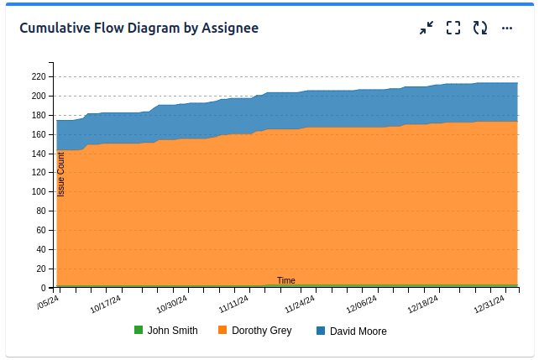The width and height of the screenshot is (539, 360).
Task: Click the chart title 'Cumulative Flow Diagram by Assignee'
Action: [139, 28]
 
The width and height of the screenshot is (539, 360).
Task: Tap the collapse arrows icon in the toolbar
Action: [426, 28]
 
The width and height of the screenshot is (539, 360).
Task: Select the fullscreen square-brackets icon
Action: [453, 28]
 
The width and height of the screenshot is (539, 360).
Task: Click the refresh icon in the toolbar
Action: [480, 28]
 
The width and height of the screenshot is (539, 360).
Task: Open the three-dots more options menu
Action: [507, 28]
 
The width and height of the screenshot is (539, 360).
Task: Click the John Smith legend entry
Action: [172, 331]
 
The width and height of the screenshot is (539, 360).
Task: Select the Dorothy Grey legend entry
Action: [261, 331]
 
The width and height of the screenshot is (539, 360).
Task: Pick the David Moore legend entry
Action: [358, 331]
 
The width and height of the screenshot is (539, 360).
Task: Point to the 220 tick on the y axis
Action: [38, 76]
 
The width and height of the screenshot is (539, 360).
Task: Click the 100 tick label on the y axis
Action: [38, 191]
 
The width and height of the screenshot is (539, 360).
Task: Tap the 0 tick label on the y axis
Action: [43, 288]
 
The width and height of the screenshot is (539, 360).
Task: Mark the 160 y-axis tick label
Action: [38, 134]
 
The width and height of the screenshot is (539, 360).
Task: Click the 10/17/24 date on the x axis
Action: [106, 302]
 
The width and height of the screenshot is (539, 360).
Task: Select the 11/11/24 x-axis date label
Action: [234, 302]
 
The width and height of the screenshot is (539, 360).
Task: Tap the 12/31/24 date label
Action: [489, 302]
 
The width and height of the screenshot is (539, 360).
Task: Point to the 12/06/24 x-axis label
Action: [362, 302]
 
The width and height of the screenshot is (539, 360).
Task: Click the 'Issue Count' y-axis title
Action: [60, 175]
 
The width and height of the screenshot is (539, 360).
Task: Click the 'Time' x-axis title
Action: [286, 280]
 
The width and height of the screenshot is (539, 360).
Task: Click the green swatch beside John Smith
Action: [139, 331]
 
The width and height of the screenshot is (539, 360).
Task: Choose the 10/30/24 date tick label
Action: [170, 302]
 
